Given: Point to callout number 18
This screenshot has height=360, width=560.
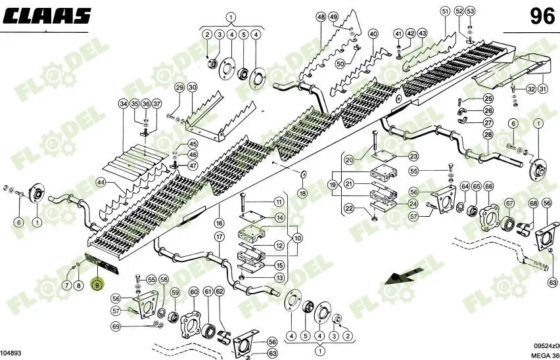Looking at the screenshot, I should tap(302, 194).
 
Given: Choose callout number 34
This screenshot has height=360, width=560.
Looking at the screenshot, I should tap(124, 104).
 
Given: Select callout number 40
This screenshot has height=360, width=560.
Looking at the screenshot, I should tap(373, 34).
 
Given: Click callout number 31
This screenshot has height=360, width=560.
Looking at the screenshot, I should tap(542, 89).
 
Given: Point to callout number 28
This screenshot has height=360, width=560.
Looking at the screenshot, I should tap(488, 135).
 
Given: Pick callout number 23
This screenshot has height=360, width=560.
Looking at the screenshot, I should tap(413, 156).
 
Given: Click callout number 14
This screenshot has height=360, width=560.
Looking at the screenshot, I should tap(279, 217).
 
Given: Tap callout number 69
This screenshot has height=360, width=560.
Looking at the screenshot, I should tap(116, 326).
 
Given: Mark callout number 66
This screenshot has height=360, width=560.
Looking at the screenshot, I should tap(488, 187).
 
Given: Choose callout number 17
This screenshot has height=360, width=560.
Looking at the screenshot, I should tap(220, 236).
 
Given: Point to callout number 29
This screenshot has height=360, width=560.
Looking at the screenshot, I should tap(179, 88).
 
